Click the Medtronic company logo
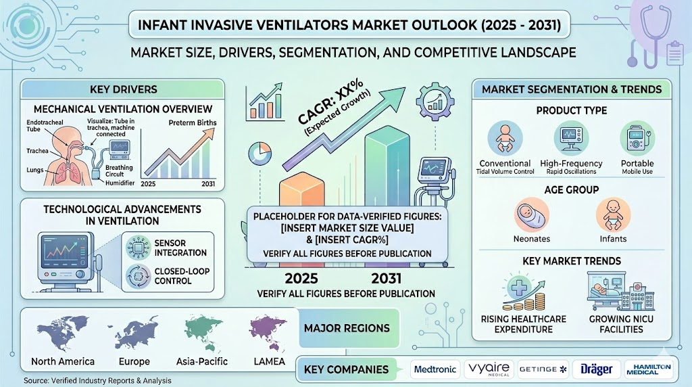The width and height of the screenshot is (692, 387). click(435, 369)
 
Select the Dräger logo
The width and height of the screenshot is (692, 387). click(596, 369)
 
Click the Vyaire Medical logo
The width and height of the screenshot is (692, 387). click(489, 369)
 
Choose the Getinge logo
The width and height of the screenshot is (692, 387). click(543, 369)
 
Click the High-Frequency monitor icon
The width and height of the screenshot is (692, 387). click(571, 138)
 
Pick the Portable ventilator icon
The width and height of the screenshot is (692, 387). click(637, 138)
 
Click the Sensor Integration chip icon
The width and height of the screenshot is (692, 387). click(138, 248)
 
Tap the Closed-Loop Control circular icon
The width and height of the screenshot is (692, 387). click(138, 275)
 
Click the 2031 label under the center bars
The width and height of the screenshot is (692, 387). click(386, 278)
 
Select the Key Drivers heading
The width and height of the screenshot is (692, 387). click(123, 89)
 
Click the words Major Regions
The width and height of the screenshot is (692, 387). click(347, 328)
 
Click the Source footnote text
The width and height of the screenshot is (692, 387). click(97, 380)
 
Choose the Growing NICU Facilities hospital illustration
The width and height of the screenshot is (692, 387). click(620, 292)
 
